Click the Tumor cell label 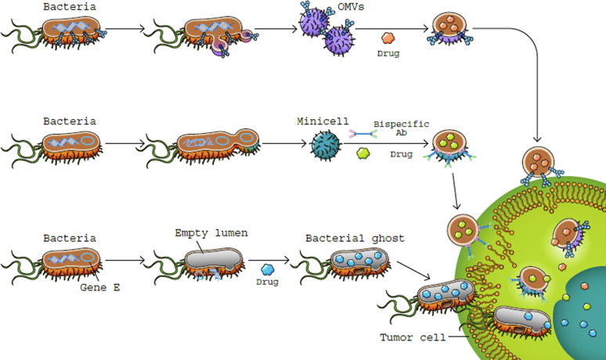pos(412,337)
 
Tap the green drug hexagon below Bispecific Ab pos(363,155)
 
